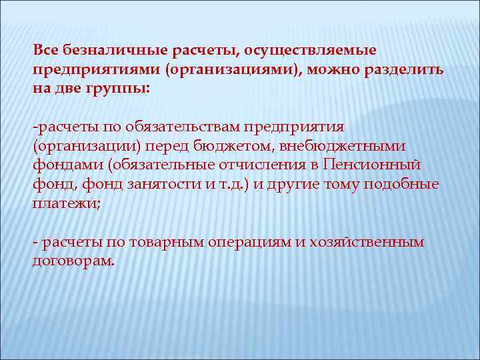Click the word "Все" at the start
(45, 51)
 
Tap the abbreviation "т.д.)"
(238, 183)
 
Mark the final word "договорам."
(73, 260)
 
